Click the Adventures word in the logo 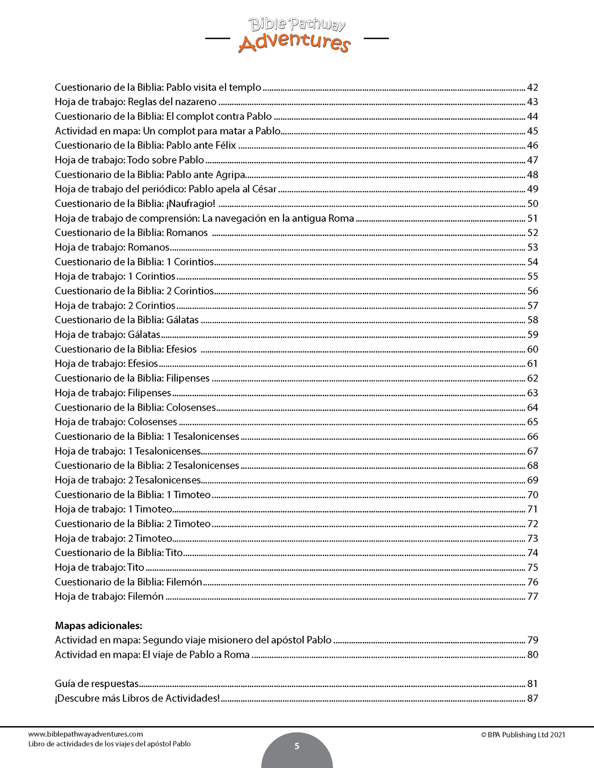point(294,43)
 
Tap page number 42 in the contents point(532,87)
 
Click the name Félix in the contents point(226,145)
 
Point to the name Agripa point(230,175)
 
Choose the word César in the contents point(264,189)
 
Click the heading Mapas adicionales point(99,625)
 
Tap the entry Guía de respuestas point(97,684)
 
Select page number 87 point(532,698)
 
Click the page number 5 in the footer point(297,746)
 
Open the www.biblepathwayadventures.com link point(86,734)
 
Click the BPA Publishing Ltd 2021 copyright point(523,735)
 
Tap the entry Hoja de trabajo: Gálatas point(107,335)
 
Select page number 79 point(532,640)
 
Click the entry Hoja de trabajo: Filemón point(109,596)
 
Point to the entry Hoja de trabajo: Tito point(99,568)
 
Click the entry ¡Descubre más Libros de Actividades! point(137,698)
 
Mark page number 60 point(532,349)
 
